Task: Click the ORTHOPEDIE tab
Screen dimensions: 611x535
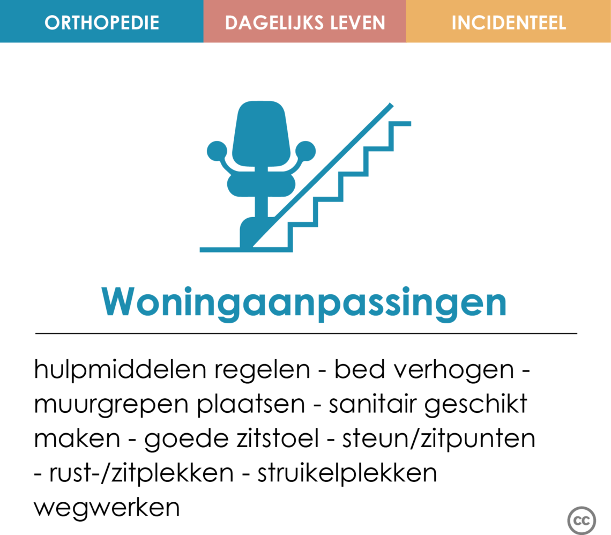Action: pos(102,21)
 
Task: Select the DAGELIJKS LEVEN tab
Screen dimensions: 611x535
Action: pos(305,21)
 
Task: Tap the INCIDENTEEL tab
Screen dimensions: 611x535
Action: pos(509,21)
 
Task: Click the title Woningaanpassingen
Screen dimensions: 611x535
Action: pos(304,303)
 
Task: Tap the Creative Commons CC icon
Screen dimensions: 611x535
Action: pos(582,521)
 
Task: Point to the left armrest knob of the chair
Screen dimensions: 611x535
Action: pos(217,151)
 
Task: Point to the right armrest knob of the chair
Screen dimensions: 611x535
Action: pos(305,151)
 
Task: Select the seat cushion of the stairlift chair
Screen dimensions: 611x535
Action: pos(261,185)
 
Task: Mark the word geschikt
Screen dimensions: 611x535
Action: pos(476,405)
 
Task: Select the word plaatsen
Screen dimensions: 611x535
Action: pos(250,405)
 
